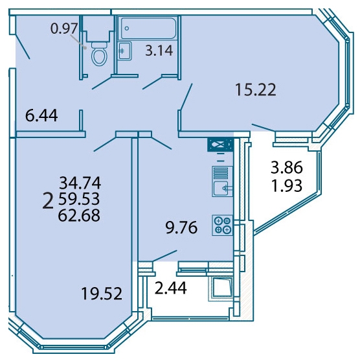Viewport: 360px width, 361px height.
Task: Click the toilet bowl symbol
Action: (99, 54)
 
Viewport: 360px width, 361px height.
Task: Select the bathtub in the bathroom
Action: (149, 29)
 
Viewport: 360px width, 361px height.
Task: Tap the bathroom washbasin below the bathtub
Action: (124, 51)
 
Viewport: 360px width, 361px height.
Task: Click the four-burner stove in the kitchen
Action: (223, 225)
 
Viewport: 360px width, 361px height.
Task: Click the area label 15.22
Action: (255, 89)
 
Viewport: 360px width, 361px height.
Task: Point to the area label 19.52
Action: (102, 294)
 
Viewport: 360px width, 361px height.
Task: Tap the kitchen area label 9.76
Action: (181, 227)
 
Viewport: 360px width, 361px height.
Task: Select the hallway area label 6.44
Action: (41, 115)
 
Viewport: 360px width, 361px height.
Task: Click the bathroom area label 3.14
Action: (159, 51)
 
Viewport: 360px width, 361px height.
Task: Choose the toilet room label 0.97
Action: (63, 29)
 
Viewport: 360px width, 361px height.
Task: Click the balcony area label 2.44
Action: (170, 288)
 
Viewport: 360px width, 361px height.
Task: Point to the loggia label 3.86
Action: (287, 167)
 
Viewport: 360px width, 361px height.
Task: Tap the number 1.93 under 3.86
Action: (287, 186)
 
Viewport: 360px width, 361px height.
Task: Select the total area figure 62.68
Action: (79, 215)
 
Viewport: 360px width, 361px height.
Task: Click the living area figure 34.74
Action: (80, 183)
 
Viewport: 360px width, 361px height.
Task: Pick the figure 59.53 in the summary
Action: (79, 199)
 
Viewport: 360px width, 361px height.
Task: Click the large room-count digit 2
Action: (48, 201)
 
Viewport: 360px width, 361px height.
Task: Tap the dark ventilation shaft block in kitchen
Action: (220, 145)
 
